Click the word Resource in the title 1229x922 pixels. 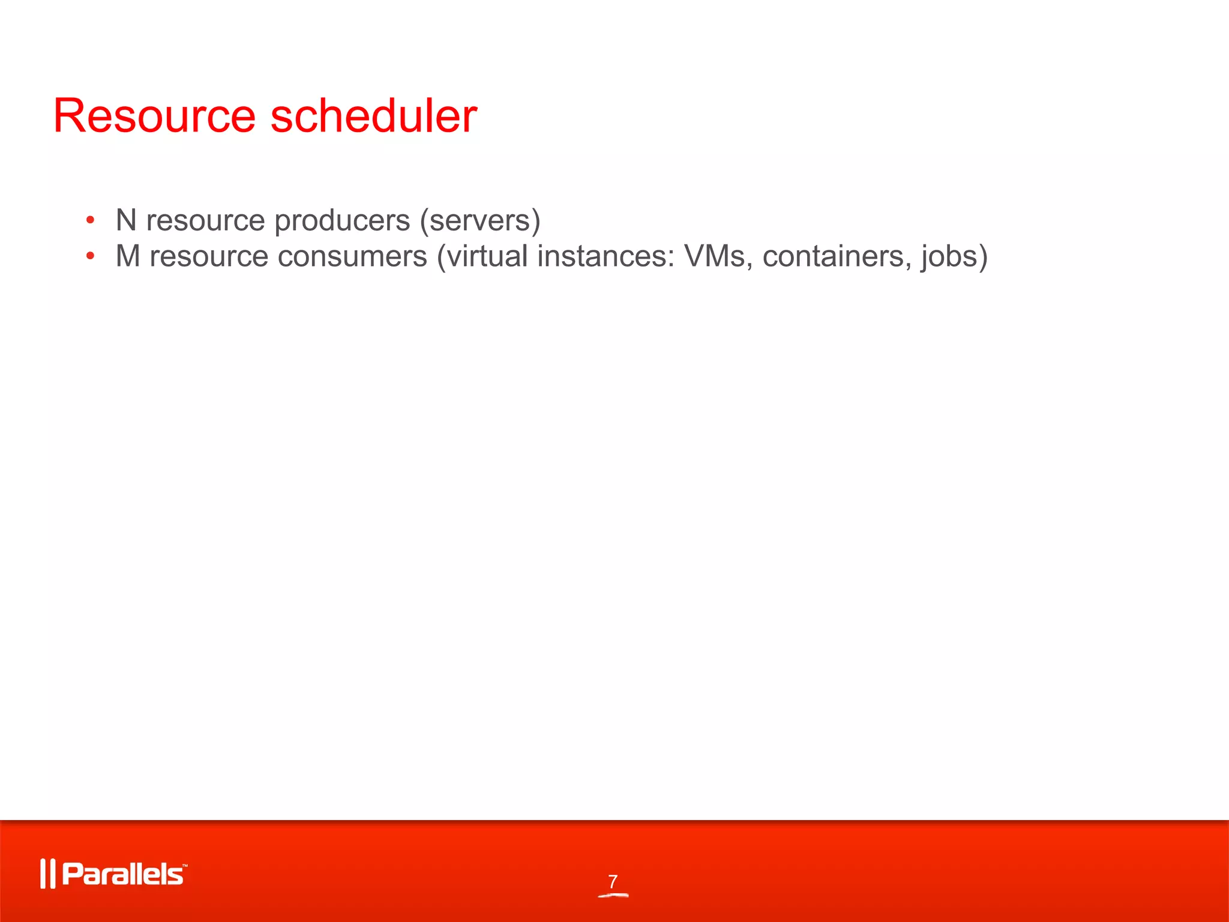point(154,116)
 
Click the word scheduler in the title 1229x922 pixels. point(374,116)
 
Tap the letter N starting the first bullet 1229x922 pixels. point(126,220)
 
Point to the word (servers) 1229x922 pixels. point(480,221)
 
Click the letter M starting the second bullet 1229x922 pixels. point(128,256)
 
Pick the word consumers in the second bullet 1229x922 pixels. point(353,256)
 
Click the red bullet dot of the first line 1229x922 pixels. point(90,220)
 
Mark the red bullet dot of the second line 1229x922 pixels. point(90,256)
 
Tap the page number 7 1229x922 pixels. point(613,881)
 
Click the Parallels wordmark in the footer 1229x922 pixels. point(122,874)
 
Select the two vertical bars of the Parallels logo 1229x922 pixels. point(47,874)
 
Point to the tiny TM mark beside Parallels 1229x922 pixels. point(185,866)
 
